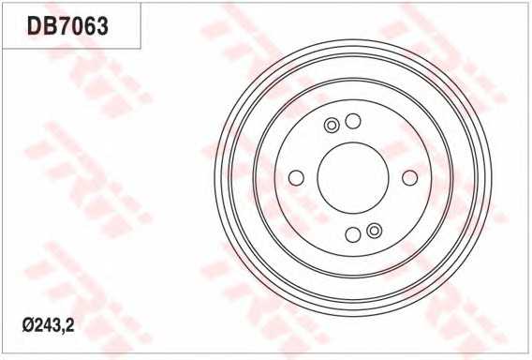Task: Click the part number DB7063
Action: pyautogui.click(x=67, y=26)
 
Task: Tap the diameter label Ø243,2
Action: pyautogui.click(x=48, y=325)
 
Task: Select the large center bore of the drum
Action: pyautogui.click(x=353, y=177)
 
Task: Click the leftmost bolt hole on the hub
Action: pyautogui.click(x=296, y=177)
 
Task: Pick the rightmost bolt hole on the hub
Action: pyautogui.click(x=409, y=177)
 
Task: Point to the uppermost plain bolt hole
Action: pyautogui.click(x=353, y=121)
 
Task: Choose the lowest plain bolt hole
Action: pyautogui.click(x=353, y=234)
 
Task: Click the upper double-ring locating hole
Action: pyautogui.click(x=332, y=126)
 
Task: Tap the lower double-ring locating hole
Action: pyautogui.click(x=375, y=231)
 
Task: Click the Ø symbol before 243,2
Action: pyautogui.click(x=27, y=326)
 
